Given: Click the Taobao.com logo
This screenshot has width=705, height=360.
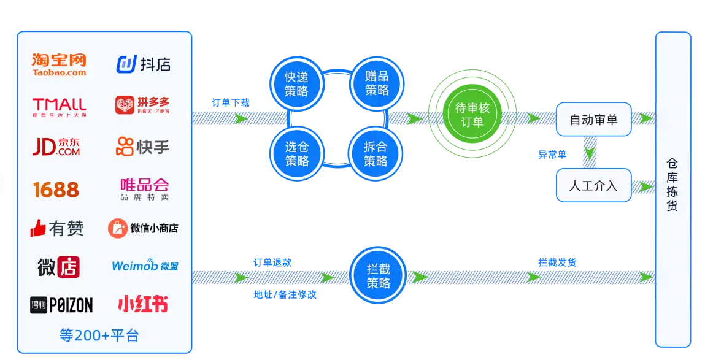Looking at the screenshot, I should [59, 64].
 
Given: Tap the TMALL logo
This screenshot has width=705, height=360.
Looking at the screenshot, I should [59, 105].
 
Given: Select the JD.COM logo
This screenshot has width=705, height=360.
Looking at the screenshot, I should [56, 147].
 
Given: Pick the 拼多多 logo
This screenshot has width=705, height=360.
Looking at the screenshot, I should [142, 105].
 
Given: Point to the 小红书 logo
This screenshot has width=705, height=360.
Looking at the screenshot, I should [142, 304].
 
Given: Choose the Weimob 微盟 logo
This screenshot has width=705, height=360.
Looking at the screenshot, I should [145, 266].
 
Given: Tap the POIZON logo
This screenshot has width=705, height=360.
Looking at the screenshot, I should [61, 305].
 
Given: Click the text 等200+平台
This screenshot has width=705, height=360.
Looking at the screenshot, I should [99, 335].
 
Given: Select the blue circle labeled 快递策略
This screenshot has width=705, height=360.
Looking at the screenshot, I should [296, 84].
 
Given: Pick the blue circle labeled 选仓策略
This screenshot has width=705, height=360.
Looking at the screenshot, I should [296, 154].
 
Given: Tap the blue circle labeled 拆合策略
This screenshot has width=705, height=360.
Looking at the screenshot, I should [376, 154].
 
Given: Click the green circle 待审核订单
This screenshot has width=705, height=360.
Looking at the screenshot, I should [472, 115].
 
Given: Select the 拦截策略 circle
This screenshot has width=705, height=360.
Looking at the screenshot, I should [378, 276].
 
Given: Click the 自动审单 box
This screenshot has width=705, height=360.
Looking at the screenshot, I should [593, 120].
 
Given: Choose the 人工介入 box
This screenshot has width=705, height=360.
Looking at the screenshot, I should [593, 185].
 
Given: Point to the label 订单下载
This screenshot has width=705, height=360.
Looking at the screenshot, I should [231, 102].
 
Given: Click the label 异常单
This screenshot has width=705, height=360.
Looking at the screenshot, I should [552, 155].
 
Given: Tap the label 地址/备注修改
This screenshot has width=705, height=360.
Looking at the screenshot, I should [285, 294].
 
